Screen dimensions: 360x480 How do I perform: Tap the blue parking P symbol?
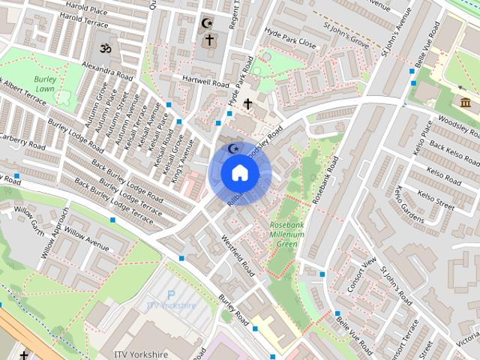170,295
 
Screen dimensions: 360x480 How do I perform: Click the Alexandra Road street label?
108,72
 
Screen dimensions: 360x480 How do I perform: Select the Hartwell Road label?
199,81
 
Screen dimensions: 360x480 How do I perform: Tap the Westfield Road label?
237,259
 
